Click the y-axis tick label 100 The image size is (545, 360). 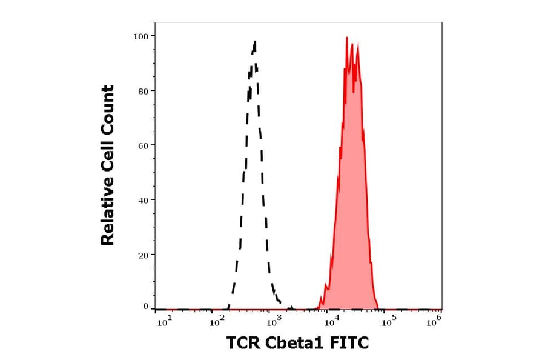[x=140, y=36]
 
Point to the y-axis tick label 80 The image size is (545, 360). [x=143, y=91]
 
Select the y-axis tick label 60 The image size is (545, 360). [x=143, y=145]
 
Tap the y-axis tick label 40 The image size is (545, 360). [x=143, y=200]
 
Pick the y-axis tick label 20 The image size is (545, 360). [x=143, y=255]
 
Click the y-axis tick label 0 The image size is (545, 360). [x=145, y=307]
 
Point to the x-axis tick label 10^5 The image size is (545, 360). [x=387, y=322]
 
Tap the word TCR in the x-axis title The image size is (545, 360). [x=243, y=344]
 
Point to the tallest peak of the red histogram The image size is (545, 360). [x=346, y=38]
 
